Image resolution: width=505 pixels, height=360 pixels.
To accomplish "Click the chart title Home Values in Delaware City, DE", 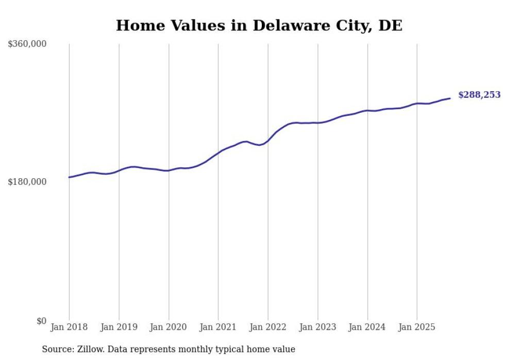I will [259, 25].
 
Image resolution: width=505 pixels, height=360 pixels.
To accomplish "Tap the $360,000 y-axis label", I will [27, 44].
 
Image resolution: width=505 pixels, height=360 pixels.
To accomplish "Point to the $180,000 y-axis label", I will [27, 182].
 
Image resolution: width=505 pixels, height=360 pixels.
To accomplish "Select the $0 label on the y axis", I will [41, 321].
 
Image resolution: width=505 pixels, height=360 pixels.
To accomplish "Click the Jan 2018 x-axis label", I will [69, 327].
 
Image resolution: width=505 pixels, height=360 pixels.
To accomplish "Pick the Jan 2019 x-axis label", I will [119, 327].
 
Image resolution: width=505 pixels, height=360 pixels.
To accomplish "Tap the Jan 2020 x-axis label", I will [169, 327].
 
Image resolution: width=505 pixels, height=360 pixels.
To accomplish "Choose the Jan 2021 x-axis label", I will [218, 327].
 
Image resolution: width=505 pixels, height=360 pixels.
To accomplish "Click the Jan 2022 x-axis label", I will [268, 327].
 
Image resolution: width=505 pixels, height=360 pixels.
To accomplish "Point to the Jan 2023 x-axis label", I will [317, 327].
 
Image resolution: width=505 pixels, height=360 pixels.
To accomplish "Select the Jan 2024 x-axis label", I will [367, 327].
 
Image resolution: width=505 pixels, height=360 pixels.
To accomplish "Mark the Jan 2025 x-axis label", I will [417, 327].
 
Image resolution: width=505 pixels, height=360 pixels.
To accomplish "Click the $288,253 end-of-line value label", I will [479, 95].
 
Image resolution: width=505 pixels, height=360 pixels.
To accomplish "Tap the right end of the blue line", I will [450, 98].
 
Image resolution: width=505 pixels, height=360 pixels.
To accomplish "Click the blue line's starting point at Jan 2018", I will [69, 177].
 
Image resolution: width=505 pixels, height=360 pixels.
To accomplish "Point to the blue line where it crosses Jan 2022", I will [268, 140].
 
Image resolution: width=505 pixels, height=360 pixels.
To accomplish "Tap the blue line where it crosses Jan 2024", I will [367, 110].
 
